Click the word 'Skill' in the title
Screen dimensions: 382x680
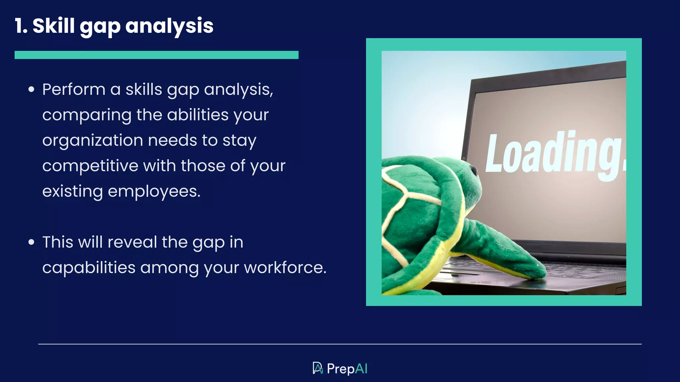coord(53,26)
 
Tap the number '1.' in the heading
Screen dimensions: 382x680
coord(21,26)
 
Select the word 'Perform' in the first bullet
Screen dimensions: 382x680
coord(74,90)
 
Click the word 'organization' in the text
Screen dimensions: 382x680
coord(93,141)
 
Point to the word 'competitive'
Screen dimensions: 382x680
coord(90,166)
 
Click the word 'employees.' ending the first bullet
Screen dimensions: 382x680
coord(154,191)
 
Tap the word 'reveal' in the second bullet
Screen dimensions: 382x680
coord(132,242)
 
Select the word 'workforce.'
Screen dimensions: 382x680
coord(285,268)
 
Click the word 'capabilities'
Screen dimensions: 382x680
coord(89,268)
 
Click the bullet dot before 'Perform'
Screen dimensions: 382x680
coord(32,89)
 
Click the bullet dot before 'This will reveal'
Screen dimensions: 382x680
coord(32,242)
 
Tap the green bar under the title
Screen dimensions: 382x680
coord(156,55)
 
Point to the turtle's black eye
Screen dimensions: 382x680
coord(473,170)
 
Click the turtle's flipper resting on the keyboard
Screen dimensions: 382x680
coord(508,252)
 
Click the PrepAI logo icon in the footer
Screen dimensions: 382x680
coord(317,368)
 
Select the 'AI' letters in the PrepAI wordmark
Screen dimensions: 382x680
coord(361,369)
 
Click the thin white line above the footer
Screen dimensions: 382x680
coord(340,344)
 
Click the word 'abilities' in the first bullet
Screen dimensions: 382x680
coord(198,115)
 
